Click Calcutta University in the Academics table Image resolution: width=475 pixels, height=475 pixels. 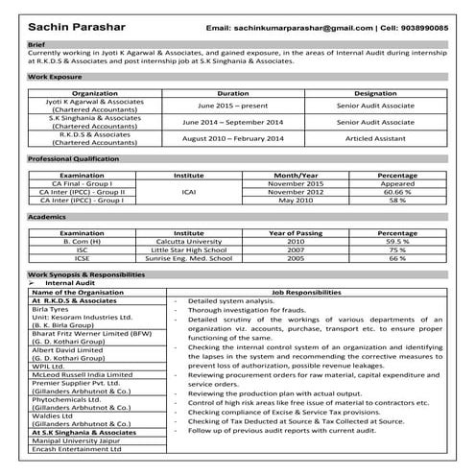[x=189, y=242]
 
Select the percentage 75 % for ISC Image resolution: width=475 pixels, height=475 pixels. [x=397, y=250]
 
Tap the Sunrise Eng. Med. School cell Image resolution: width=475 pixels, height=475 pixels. [x=189, y=259]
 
